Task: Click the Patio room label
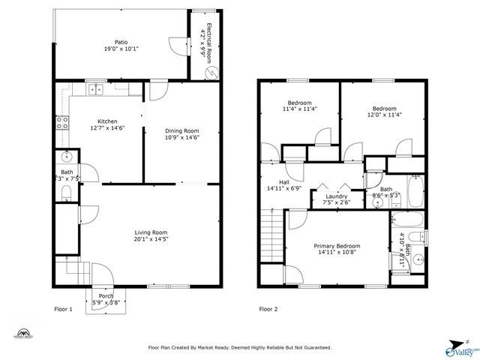(120, 42)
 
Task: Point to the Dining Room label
(181, 130)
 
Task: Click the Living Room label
(151, 232)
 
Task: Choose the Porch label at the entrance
(106, 296)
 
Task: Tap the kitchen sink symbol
(96, 90)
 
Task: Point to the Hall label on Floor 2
(284, 181)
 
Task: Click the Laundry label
(336, 196)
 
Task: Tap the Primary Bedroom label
(336, 246)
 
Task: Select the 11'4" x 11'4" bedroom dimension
(299, 109)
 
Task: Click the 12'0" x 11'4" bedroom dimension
(384, 115)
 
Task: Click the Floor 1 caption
(64, 309)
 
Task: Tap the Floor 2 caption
(268, 309)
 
